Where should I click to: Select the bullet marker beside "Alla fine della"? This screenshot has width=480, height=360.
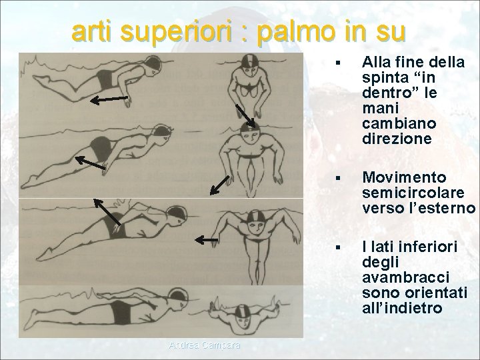(x=339, y=64)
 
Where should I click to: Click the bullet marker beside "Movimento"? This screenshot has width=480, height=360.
(x=339, y=179)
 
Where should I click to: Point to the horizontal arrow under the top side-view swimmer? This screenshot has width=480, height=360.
(x=109, y=100)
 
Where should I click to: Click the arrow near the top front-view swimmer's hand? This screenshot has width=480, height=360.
(x=246, y=115)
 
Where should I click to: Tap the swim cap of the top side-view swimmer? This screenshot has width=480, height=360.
(x=154, y=65)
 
